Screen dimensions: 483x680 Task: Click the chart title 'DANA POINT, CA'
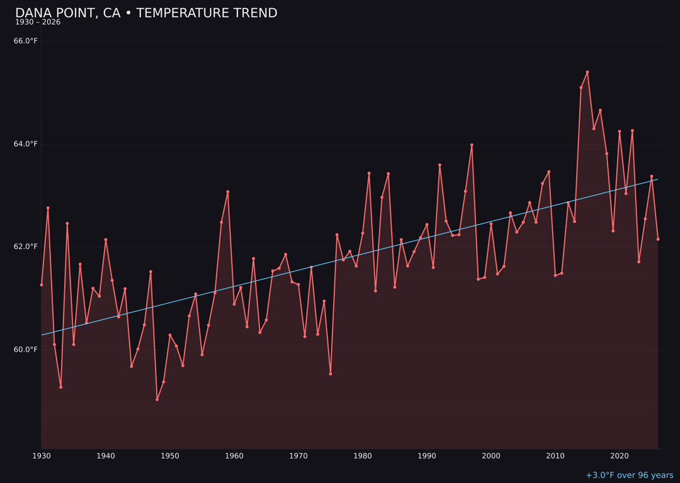(x=146, y=13)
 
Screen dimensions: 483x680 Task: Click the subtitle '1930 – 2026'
(x=38, y=22)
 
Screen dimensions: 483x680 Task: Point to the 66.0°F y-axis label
(x=26, y=41)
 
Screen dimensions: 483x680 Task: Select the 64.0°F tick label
(x=26, y=144)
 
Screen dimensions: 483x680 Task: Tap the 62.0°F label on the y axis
(x=26, y=247)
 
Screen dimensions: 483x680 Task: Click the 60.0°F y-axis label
(x=26, y=350)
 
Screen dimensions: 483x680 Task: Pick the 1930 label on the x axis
(x=42, y=455)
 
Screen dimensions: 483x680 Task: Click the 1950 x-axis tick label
(x=170, y=455)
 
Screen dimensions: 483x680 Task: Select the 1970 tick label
(x=298, y=455)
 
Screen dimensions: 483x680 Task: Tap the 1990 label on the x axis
(x=427, y=455)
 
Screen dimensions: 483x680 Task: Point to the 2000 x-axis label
(x=491, y=455)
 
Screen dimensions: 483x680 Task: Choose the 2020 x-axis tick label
(x=620, y=455)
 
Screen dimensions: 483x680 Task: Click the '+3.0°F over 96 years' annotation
(x=629, y=475)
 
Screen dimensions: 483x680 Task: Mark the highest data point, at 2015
(x=587, y=72)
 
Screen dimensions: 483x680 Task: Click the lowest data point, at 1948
(x=157, y=399)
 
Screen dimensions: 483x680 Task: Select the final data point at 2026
(x=658, y=239)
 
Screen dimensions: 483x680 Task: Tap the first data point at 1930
(x=42, y=285)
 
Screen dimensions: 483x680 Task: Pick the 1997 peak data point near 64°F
(x=472, y=145)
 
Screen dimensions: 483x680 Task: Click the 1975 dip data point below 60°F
(x=331, y=374)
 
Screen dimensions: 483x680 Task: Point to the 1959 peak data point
(x=228, y=192)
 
